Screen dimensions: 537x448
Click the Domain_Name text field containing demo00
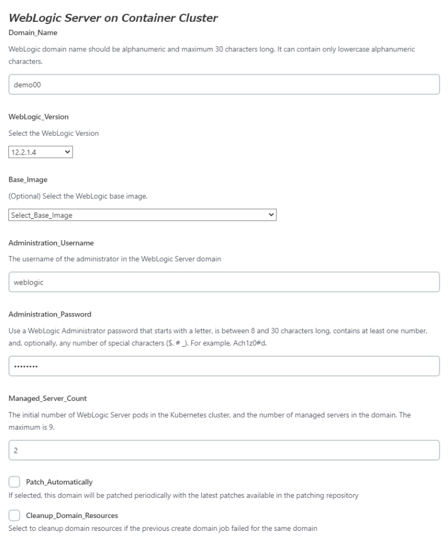pos(224,85)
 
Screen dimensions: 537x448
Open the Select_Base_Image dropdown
pos(143,215)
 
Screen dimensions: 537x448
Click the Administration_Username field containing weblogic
pos(224,282)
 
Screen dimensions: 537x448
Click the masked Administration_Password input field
pos(224,366)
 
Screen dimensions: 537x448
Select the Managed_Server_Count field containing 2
pos(224,450)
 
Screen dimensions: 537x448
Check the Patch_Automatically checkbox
pos(16,481)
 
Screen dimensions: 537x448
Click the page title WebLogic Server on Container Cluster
pos(113,18)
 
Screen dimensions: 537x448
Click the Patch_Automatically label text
pos(59,481)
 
